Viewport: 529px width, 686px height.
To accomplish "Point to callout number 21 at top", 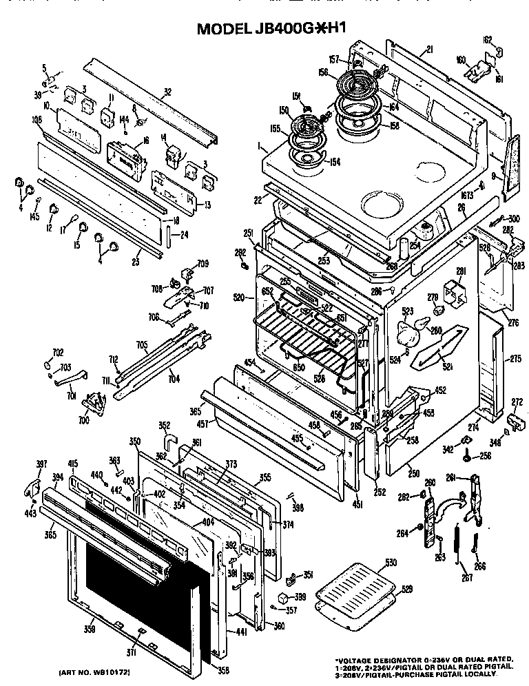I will click(429, 49).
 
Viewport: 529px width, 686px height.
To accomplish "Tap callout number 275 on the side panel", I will click(515, 358).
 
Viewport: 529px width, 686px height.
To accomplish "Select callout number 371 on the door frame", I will click(131, 652).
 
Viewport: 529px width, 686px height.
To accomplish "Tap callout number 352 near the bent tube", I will click(164, 425).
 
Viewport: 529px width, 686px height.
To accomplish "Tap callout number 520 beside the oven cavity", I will click(240, 298).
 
